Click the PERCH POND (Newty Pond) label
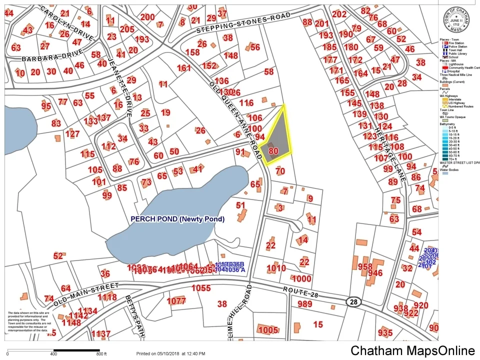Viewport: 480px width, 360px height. pos(177,219)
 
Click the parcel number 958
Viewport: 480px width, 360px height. pos(365,266)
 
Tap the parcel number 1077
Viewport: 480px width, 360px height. pos(176,301)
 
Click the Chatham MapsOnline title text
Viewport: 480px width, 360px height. pos(412,350)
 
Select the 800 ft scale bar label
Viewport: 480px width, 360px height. pos(101,354)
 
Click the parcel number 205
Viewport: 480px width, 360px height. pos(127,29)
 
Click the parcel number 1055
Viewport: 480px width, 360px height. pos(201,288)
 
